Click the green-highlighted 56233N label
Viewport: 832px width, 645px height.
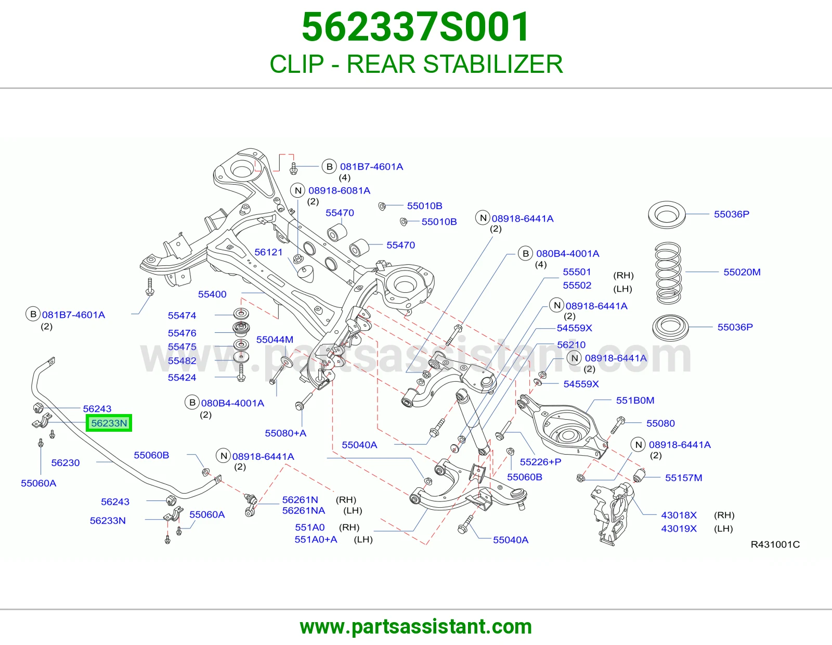click(109, 423)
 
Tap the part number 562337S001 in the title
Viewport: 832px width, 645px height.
click(416, 27)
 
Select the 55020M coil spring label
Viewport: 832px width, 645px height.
click(742, 272)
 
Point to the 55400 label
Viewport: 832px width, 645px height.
click(212, 294)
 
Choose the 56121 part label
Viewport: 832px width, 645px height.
click(268, 252)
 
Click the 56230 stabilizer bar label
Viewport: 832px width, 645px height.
click(66, 463)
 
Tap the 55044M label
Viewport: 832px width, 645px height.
click(275, 339)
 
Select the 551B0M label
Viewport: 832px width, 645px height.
click(635, 400)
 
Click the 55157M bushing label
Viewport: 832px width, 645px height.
click(683, 478)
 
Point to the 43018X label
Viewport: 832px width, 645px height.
click(679, 515)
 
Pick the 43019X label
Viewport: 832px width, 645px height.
click(679, 528)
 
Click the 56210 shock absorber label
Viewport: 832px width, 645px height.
click(571, 345)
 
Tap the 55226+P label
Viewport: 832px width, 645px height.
click(540, 462)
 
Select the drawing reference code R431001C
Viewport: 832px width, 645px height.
click(775, 544)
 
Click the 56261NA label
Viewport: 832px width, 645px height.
click(303, 511)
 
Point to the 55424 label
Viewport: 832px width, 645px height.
click(182, 377)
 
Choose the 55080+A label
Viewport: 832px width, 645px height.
click(285, 433)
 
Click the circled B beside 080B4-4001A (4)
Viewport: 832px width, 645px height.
click(525, 253)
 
